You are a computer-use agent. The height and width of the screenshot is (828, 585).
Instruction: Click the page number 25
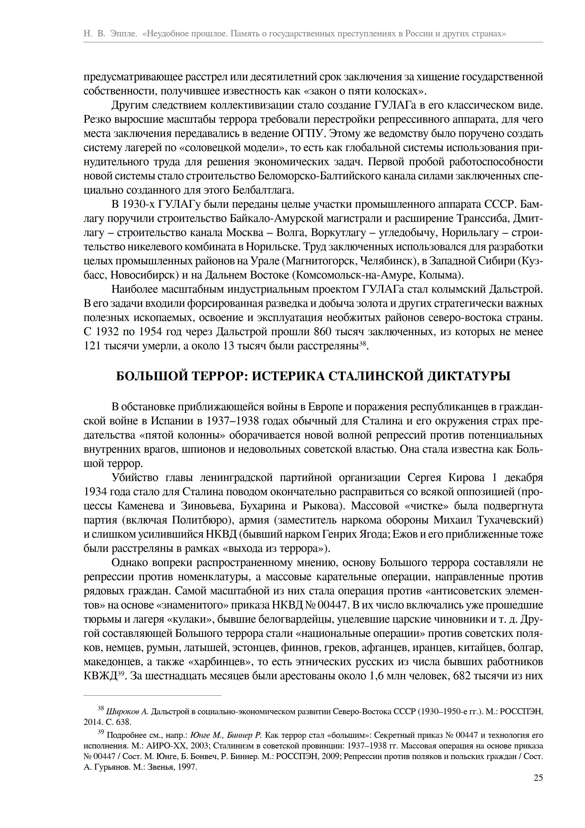click(538, 778)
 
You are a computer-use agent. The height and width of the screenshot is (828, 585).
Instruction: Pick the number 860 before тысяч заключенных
click(323, 331)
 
